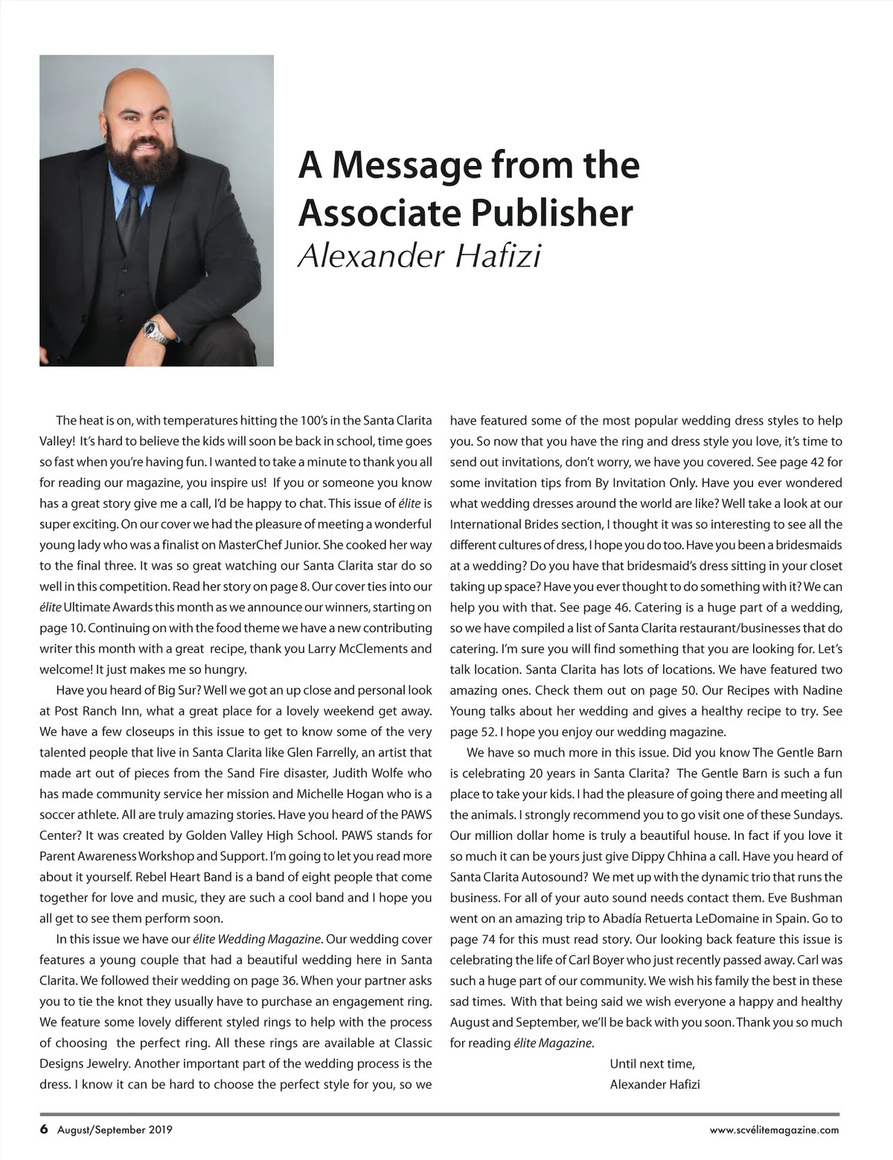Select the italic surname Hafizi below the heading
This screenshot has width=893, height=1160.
497,256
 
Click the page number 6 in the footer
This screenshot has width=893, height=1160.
44,1129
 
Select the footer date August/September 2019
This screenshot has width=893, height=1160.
115,1129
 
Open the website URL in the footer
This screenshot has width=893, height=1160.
774,1129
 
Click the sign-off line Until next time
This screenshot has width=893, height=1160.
652,1063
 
